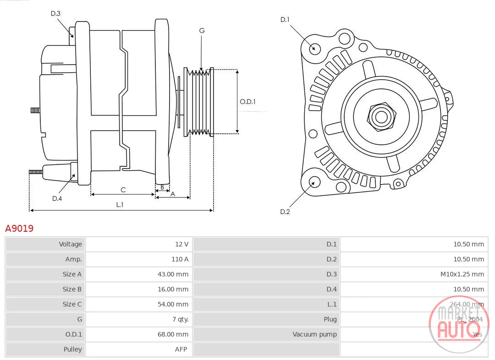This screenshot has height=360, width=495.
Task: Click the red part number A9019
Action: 19,228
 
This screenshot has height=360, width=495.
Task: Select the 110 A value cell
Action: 180,259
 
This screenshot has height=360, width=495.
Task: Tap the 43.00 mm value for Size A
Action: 173,274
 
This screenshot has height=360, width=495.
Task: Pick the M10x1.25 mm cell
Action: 462,274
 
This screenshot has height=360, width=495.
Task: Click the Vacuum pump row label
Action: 314,334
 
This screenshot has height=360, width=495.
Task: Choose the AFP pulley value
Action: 181,349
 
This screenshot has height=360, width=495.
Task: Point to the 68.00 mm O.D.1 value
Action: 173,334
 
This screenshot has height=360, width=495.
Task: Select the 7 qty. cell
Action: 181,319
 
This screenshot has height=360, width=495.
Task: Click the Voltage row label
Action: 71,244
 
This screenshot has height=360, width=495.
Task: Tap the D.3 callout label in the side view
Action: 55,13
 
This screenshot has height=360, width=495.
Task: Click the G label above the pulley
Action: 202,31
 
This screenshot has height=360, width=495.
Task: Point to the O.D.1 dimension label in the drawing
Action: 247,102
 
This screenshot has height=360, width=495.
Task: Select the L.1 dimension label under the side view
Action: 120,204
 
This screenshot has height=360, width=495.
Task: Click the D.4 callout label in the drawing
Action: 57,198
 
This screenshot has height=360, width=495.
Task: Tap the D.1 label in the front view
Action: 285,20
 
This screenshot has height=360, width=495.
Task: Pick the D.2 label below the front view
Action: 285,212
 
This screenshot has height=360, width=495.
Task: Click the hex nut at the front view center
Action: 381,116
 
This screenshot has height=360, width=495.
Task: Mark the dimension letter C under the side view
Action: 123,190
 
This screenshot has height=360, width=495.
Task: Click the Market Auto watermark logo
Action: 458,324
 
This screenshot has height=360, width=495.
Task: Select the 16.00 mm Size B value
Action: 173,289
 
